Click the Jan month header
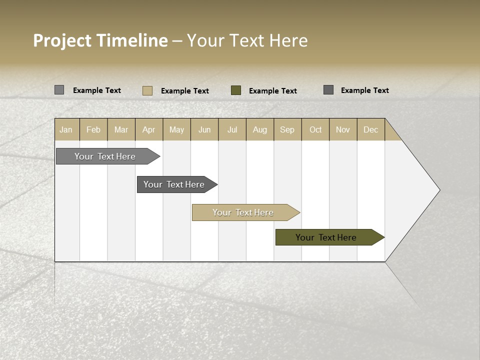coord(66,130)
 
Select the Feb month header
coord(93,130)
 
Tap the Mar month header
coord(121,130)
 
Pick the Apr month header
coord(149,130)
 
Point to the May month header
coord(176,130)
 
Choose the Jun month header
coord(204,130)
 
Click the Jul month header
coord(232,130)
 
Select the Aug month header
coord(260,130)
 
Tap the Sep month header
coord(287,130)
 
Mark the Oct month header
coord(315,130)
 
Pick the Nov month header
coord(343,130)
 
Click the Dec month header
coord(371,130)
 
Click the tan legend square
coord(147,90)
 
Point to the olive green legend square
coord(236,90)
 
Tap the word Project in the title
coord(62,40)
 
